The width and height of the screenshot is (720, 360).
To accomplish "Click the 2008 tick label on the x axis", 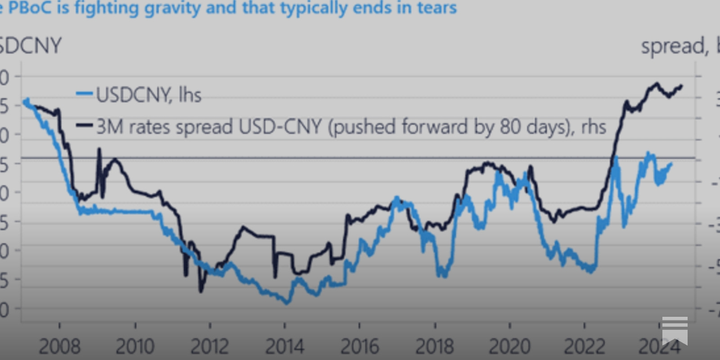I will click(x=59, y=347).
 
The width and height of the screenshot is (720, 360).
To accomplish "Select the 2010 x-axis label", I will click(x=135, y=347).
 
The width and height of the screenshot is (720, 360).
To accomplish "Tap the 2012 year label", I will click(x=210, y=347).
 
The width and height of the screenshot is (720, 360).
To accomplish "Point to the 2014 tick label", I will click(x=284, y=347).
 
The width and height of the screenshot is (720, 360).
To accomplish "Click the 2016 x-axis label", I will click(x=360, y=347).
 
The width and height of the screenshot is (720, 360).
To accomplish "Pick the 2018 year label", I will click(x=434, y=347).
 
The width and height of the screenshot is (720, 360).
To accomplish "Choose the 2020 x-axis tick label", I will click(x=509, y=347).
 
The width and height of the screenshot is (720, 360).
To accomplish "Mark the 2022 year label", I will click(x=584, y=347).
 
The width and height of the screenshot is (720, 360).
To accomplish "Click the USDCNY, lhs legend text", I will click(x=148, y=95).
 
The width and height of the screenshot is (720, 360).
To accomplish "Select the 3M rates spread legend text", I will click(x=351, y=127).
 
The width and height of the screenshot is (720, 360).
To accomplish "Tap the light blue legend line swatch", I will click(x=85, y=94).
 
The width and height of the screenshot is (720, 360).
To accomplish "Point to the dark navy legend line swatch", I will click(x=85, y=126).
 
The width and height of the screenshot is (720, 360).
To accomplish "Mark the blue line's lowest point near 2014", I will click(x=287, y=303).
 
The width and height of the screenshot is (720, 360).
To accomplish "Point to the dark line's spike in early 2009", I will click(x=99, y=149).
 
